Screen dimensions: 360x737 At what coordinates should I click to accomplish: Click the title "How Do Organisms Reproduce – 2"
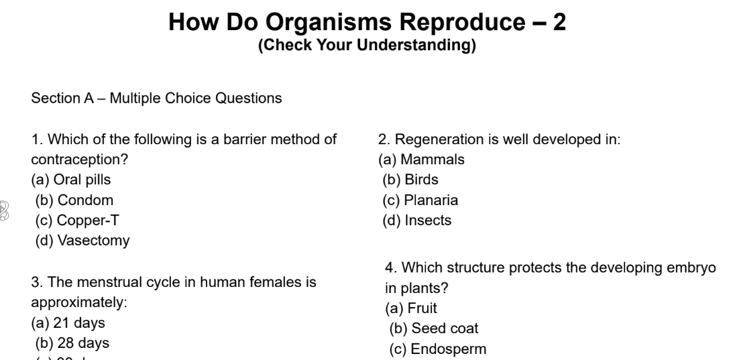pyautogui.click(x=367, y=23)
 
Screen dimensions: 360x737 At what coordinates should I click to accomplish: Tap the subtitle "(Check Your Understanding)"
pyautogui.click(x=367, y=46)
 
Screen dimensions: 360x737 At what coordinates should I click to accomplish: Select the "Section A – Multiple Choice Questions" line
pyautogui.click(x=156, y=99)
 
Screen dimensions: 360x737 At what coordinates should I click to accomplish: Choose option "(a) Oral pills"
pyautogui.click(x=71, y=180)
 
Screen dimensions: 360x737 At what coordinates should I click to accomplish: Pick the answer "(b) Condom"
pyautogui.click(x=74, y=200)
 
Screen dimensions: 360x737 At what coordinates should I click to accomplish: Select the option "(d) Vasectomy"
pyautogui.click(x=82, y=241)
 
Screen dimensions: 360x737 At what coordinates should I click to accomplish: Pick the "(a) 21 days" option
pyautogui.click(x=68, y=323)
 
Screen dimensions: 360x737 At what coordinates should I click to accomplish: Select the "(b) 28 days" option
pyautogui.click(x=72, y=343)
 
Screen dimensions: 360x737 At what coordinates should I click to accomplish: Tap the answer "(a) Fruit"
pyautogui.click(x=410, y=309)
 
